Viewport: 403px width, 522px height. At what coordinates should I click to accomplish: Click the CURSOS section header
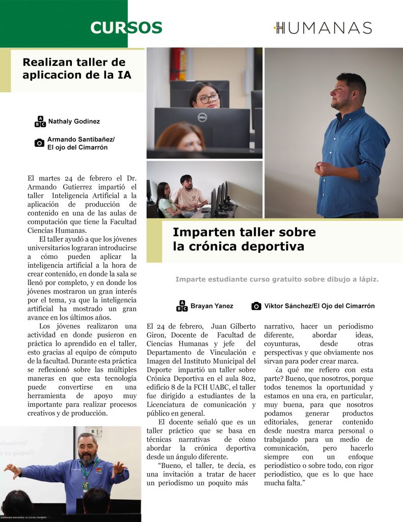click(126, 28)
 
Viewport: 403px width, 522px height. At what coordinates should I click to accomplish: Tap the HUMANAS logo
click(323, 28)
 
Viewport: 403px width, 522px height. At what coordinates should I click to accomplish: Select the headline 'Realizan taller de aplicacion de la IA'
click(77, 69)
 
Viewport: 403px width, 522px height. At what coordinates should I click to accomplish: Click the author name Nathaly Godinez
click(74, 121)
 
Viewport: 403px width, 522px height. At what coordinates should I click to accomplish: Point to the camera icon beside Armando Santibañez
click(39, 143)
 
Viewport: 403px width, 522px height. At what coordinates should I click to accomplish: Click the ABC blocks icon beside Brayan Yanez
click(182, 306)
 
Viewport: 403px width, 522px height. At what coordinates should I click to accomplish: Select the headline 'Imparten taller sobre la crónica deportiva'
click(244, 239)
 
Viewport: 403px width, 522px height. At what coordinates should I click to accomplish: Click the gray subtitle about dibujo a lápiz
click(277, 279)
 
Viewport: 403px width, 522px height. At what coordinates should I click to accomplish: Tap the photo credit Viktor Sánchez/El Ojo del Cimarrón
click(319, 306)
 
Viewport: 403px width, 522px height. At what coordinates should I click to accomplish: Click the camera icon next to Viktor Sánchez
click(256, 306)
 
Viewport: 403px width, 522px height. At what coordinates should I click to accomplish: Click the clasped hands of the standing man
click(324, 169)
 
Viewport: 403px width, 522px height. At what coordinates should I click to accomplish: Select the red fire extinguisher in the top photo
click(178, 63)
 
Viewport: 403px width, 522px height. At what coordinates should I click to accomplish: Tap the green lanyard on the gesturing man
click(87, 472)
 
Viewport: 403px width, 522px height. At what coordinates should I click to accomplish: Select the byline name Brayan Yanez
click(211, 306)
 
